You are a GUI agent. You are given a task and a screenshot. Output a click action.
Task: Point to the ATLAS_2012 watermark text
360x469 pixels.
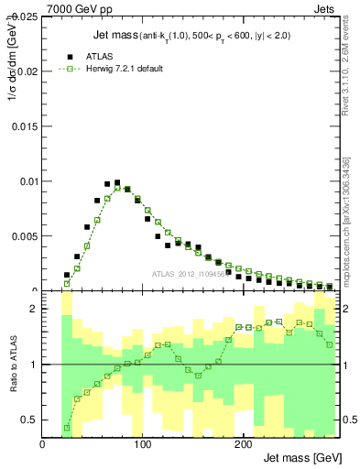pyautogui.click(x=188, y=274)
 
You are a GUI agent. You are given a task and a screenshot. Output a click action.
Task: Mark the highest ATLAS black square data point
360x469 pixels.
pyautogui.click(x=117, y=183)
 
